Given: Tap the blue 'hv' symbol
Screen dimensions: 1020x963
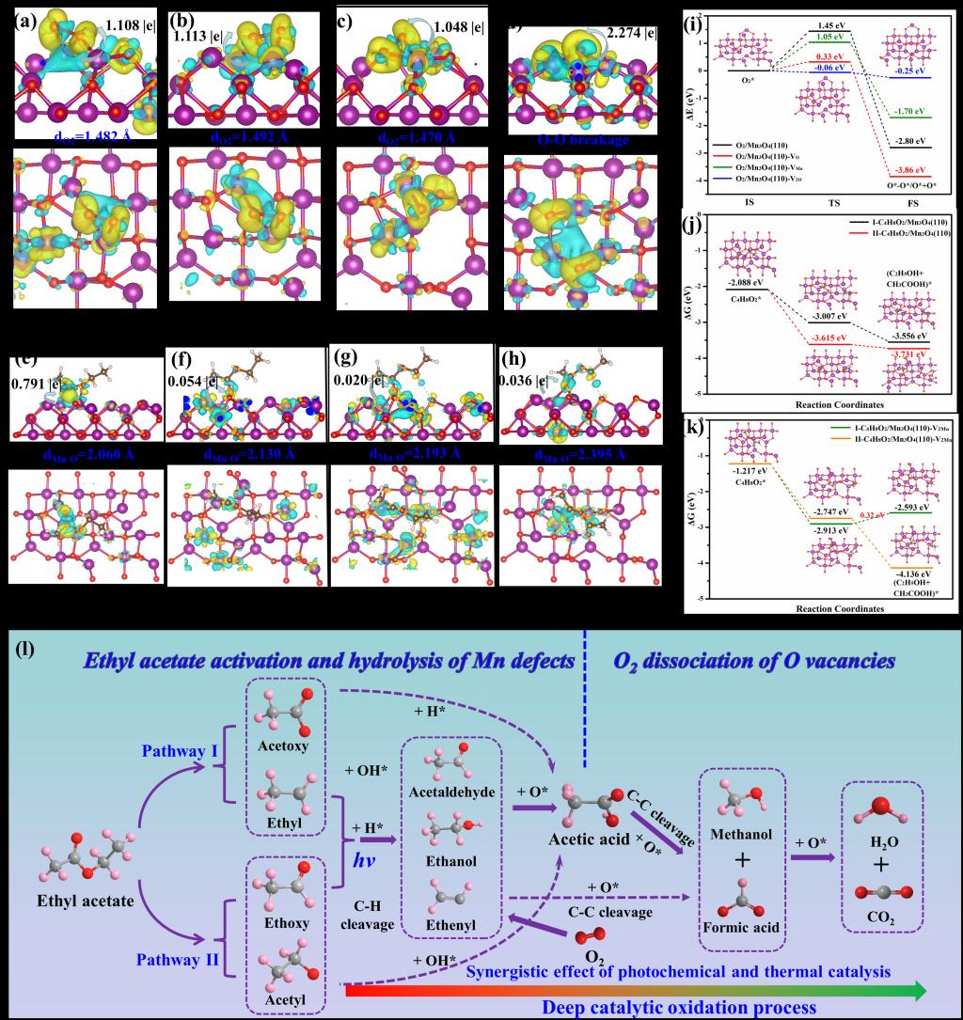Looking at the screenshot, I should (363, 836).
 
